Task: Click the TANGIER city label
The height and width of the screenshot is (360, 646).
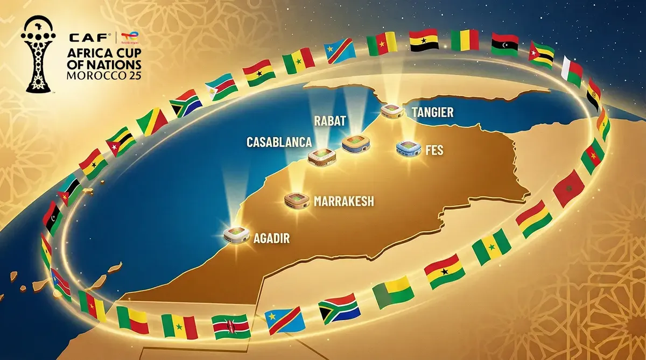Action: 432,112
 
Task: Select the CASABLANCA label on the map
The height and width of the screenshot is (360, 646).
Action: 279,142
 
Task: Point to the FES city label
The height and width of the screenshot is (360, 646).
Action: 434,150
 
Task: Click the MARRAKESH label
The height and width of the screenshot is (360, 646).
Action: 343,202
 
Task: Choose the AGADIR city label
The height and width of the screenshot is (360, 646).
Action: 271,238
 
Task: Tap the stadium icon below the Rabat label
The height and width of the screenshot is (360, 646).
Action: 357,143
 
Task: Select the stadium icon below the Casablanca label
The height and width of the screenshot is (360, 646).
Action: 322,157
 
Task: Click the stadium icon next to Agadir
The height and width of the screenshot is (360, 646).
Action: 237,234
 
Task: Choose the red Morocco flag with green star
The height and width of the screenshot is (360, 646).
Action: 568,188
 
